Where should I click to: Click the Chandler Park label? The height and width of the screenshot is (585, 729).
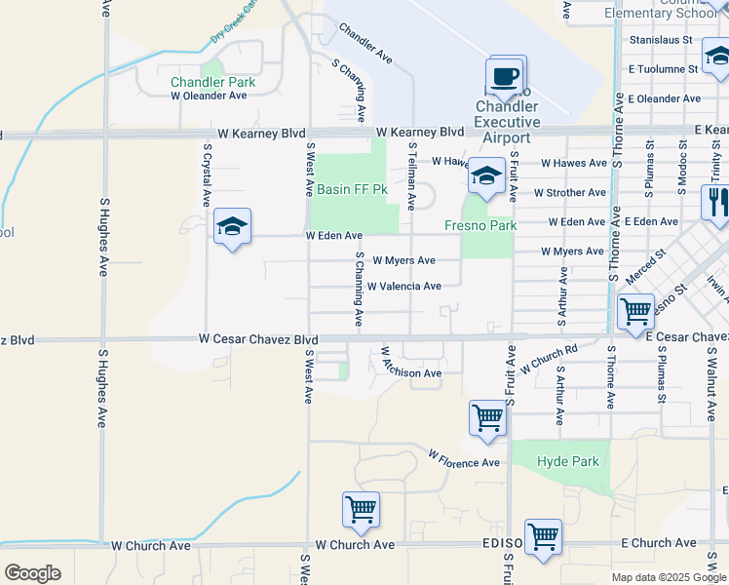(212, 82)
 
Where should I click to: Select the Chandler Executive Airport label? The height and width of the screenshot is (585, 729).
(507, 122)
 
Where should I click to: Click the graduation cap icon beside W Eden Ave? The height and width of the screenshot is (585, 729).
(232, 228)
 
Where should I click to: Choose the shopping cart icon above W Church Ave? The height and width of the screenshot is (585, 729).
(361, 510)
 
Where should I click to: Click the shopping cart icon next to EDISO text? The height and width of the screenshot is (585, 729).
(543, 536)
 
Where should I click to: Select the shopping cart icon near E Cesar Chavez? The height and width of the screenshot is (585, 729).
(635, 312)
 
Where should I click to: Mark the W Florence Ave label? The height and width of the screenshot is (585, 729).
(464, 458)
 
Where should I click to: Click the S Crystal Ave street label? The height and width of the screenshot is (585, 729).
(207, 175)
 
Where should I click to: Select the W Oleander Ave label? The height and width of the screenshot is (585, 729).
(209, 96)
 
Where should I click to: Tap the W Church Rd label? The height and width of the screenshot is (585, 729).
(549, 360)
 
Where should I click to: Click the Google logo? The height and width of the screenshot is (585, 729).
(32, 573)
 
